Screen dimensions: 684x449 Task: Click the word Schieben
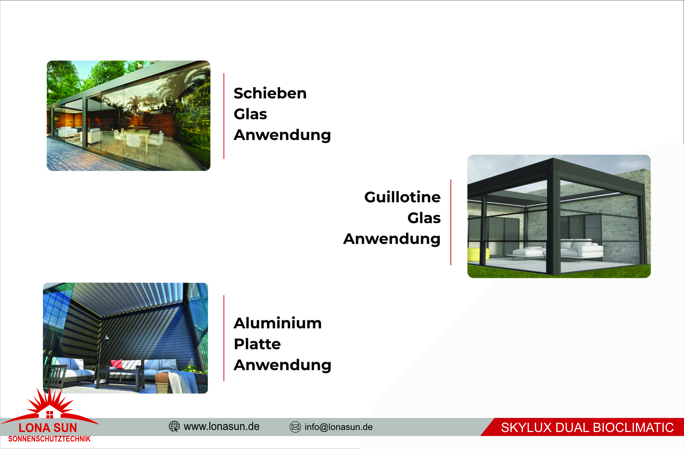point(270,93)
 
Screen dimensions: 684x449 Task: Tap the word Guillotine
point(402,197)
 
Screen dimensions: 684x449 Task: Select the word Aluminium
point(278,323)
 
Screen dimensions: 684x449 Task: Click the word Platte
point(257,344)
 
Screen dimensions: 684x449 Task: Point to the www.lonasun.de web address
point(222,427)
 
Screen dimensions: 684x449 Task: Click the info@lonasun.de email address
point(339,427)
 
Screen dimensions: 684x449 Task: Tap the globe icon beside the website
point(174,427)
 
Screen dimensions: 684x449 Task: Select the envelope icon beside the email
point(295,427)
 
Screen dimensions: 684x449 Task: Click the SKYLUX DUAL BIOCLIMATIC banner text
point(587,427)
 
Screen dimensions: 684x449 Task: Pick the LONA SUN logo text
point(48,428)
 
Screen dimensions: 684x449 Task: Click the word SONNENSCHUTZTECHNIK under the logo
point(49,439)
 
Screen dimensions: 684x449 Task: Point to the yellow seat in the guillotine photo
point(478,255)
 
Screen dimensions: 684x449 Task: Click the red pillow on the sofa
point(117,364)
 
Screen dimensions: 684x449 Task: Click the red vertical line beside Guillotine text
point(451,222)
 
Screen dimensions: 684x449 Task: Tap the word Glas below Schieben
point(250,114)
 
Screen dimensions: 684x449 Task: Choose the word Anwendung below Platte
point(283,366)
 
